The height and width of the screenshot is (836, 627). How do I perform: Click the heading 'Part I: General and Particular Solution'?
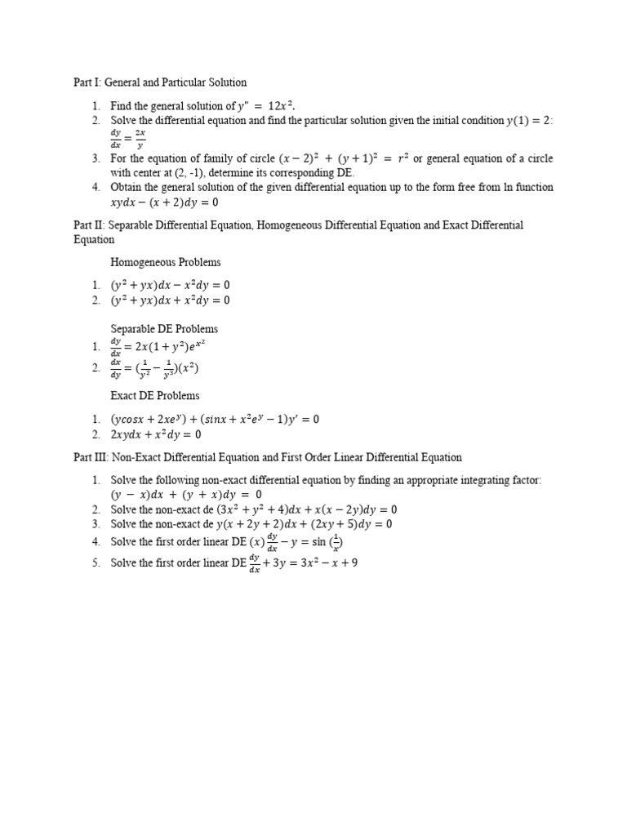pyautogui.click(x=160, y=82)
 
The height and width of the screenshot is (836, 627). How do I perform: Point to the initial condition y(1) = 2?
pyautogui.click(x=528, y=120)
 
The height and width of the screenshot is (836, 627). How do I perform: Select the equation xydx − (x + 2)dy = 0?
pyautogui.click(x=164, y=202)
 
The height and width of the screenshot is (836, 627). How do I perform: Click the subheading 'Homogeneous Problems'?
pyautogui.click(x=165, y=263)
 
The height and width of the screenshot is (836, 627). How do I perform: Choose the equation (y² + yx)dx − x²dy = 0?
pyautogui.click(x=171, y=286)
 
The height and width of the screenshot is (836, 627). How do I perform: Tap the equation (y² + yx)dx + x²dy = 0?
pyautogui.click(x=171, y=300)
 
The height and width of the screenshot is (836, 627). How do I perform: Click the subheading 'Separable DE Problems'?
pyautogui.click(x=164, y=329)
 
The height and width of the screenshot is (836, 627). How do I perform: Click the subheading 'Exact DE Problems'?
pyautogui.click(x=155, y=396)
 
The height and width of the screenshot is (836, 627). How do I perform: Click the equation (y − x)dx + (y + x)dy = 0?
pyautogui.click(x=186, y=495)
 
